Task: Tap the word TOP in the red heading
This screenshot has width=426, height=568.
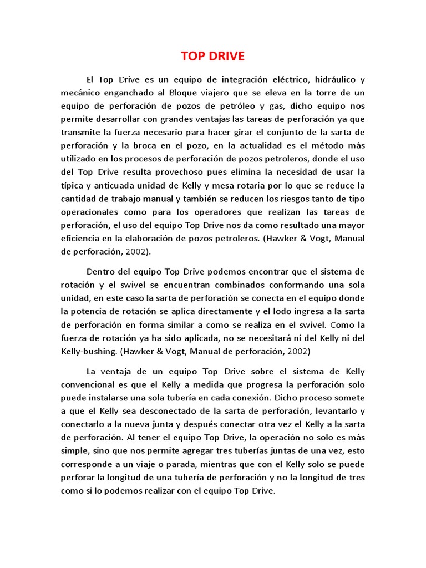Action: coord(192,57)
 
